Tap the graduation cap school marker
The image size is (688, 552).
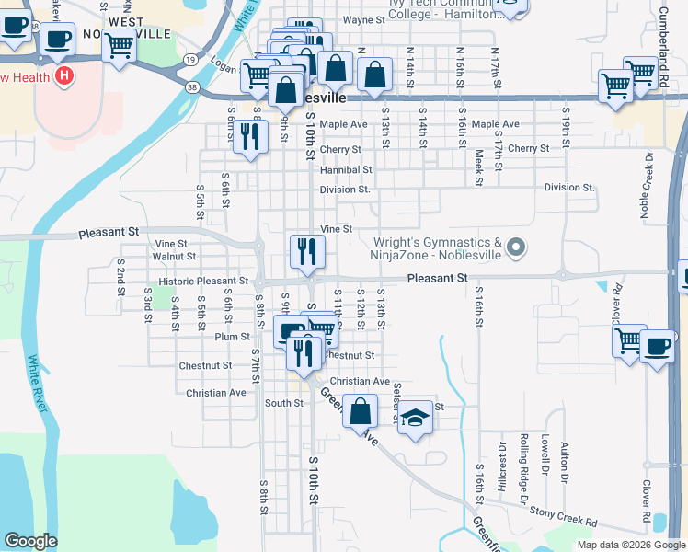coord(416,417)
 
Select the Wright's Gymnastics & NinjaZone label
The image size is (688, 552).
coord(437,248)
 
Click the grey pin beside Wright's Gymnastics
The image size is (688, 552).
coord(516,247)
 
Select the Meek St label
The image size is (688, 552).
coord(479,168)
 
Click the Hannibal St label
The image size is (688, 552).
coord(346,170)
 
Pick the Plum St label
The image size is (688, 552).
coord(226,338)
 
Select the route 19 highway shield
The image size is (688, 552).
coord(189,59)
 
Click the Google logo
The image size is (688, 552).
coord(30,541)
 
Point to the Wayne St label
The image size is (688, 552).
coord(363,19)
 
